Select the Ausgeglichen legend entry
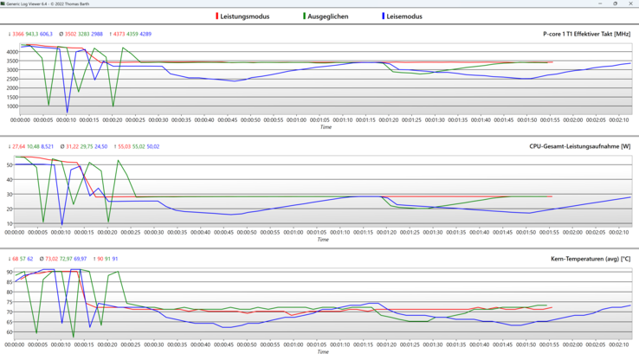point(327,16)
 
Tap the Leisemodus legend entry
point(404,16)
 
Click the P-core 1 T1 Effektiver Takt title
point(580,34)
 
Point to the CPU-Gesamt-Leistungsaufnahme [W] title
point(580,146)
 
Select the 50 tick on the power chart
point(10,164)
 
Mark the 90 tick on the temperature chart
point(10,273)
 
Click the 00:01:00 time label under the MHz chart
point(296,119)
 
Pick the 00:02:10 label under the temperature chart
point(618,344)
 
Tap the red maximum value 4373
point(119,34)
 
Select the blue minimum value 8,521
point(48,146)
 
